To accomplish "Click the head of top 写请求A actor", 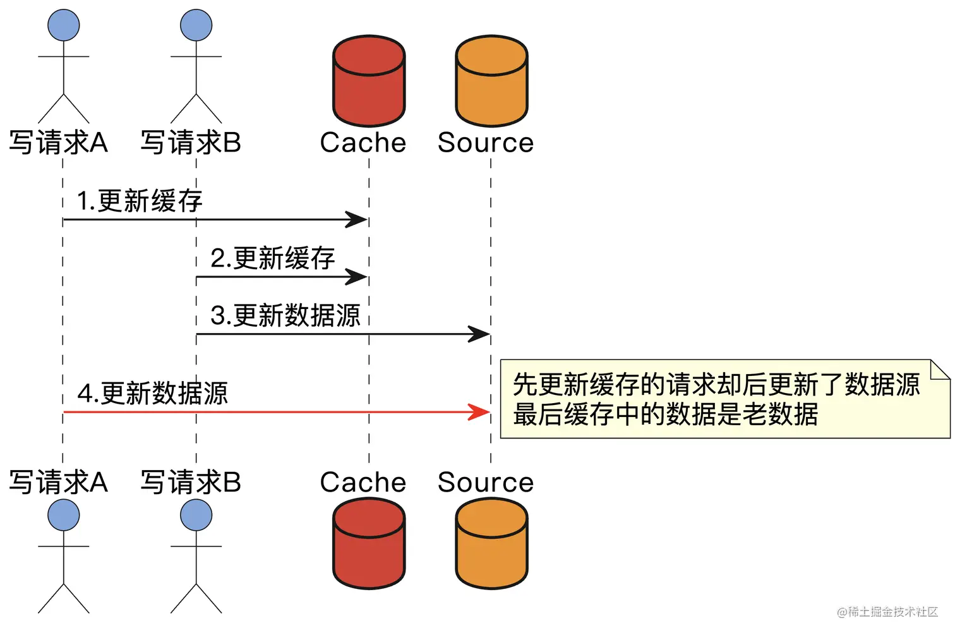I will coord(64,25).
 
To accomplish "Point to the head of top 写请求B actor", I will coord(196,25).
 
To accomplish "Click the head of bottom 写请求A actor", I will coord(64,515).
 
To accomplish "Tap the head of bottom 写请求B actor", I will coord(196,515).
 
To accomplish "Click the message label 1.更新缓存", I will coord(139,201).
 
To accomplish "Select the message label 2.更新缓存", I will coord(272,258).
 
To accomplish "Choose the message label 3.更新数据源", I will coord(285,315).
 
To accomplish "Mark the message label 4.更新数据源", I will coord(152,393).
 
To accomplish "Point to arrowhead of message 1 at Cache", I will coord(357,220).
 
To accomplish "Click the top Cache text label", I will coord(363,143).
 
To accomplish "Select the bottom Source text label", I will coord(486,482).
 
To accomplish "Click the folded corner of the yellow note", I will coord(941,369).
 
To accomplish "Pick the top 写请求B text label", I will coord(191,143).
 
